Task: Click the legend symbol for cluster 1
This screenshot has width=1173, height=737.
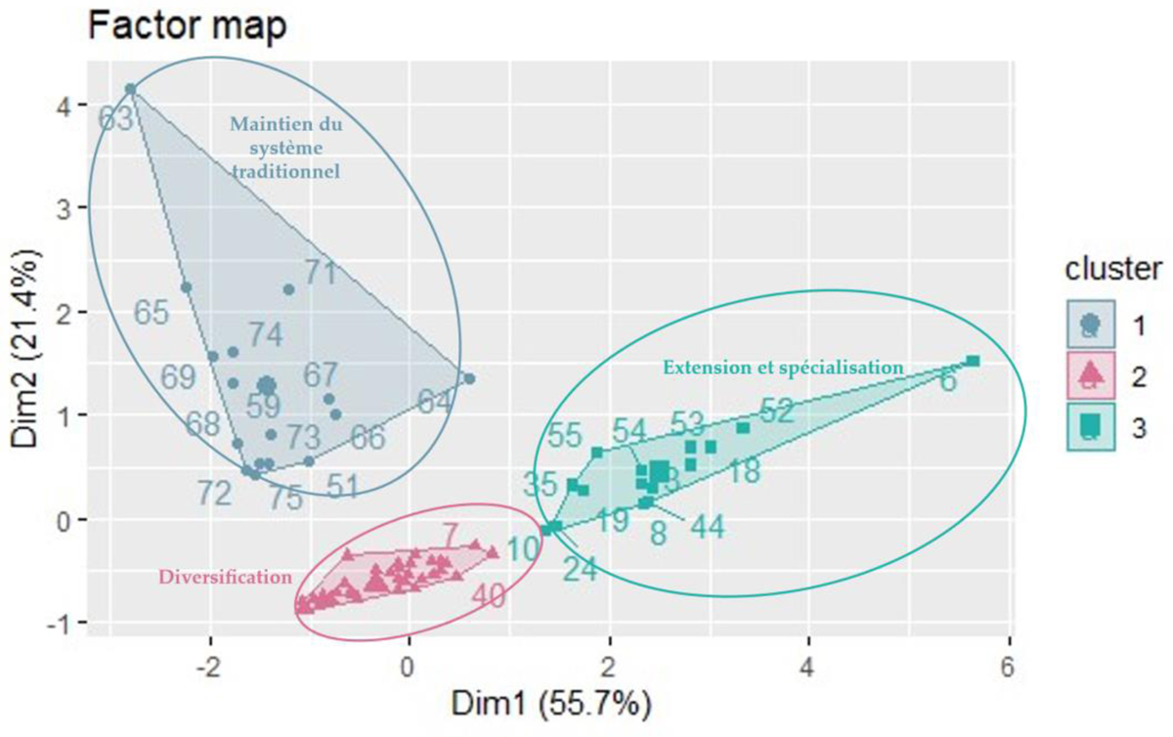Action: (1091, 324)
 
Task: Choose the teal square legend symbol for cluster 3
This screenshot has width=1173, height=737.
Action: (1091, 426)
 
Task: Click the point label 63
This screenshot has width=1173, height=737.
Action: (116, 119)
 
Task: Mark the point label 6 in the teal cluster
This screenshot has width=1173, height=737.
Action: (948, 381)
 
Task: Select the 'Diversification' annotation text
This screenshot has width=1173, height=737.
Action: (225, 578)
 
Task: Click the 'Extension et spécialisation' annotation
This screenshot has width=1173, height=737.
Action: (783, 368)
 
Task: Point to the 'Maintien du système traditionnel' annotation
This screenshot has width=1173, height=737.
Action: (284, 147)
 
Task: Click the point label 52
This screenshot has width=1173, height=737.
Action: (775, 412)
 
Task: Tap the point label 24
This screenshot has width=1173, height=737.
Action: (580, 568)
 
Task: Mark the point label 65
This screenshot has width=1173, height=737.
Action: (152, 313)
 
